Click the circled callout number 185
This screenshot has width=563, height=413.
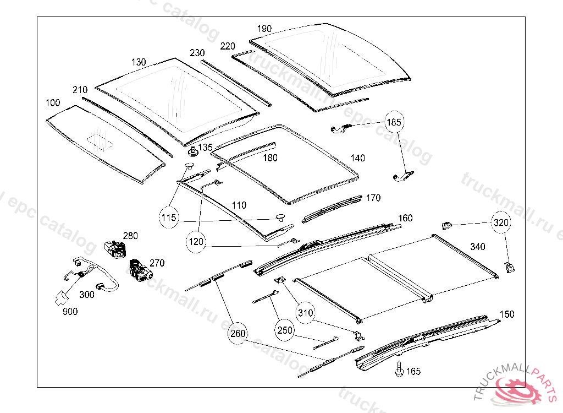[394, 122]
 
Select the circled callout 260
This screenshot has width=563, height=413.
[238, 333]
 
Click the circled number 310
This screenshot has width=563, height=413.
[305, 313]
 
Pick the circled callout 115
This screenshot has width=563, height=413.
[169, 218]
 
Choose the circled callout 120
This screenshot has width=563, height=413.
[196, 241]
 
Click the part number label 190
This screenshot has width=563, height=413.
[264, 29]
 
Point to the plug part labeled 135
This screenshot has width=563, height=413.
[194, 150]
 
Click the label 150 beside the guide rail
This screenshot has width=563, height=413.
[506, 314]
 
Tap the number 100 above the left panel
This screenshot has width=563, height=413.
[53, 103]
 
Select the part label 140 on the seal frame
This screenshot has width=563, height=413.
[357, 158]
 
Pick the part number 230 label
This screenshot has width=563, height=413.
[197, 53]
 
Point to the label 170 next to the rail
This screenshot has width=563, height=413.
[373, 198]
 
